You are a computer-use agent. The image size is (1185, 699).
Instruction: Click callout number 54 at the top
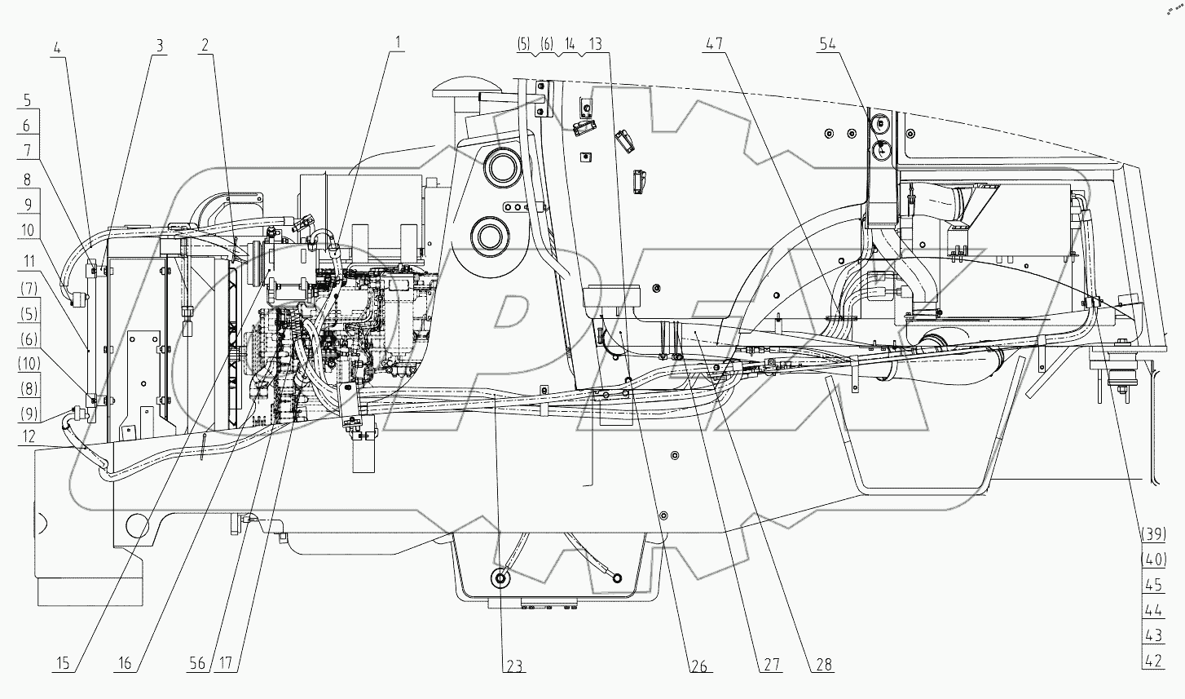click(x=827, y=45)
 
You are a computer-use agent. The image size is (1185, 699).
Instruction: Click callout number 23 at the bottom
click(x=512, y=666)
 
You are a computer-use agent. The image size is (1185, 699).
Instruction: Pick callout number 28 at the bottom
click(x=823, y=666)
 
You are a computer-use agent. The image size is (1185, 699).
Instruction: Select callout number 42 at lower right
click(x=1152, y=661)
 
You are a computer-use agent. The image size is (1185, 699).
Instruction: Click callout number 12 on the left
click(x=28, y=438)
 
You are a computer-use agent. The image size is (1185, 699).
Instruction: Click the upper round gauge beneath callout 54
click(x=879, y=125)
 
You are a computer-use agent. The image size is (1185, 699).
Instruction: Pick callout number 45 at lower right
click(x=1152, y=585)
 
